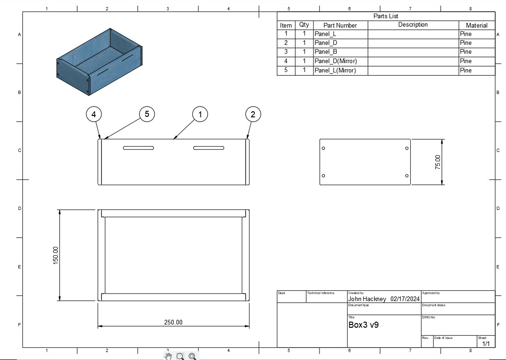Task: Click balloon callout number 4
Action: click(x=94, y=114)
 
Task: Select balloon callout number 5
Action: click(x=147, y=114)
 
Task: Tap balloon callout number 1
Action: click(x=200, y=114)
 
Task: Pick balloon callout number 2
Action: click(x=253, y=114)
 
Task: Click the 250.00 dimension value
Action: click(x=173, y=322)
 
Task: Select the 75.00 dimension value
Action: click(x=438, y=162)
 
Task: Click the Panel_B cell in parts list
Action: click(x=326, y=52)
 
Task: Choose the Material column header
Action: click(x=476, y=25)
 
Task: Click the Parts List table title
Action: click(x=385, y=16)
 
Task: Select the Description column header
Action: click(x=413, y=25)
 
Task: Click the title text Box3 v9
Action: click(x=363, y=325)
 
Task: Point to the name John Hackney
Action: click(x=367, y=299)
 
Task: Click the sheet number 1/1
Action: click(x=486, y=344)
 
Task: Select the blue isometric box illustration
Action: click(x=99, y=61)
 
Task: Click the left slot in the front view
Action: click(x=138, y=148)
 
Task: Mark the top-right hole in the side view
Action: click(x=407, y=148)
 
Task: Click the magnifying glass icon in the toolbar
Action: click(x=180, y=356)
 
